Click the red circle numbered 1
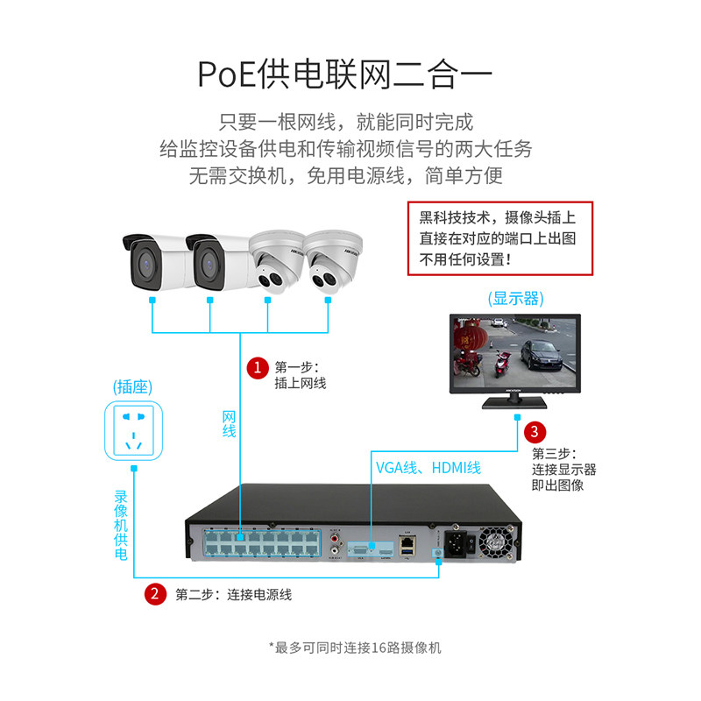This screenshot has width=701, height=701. [256, 367]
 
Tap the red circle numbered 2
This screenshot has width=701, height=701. [154, 594]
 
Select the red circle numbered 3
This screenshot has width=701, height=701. [535, 432]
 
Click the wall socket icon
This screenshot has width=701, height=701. [135, 430]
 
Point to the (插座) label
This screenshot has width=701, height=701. [134, 386]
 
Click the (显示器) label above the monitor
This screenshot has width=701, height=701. [514, 298]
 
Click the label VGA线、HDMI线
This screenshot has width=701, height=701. [428, 468]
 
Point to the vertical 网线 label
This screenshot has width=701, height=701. [229, 423]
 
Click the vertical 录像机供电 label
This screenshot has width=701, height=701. [121, 524]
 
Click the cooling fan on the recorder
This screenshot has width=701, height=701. [494, 543]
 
